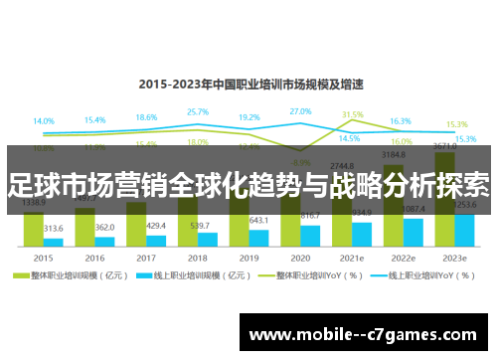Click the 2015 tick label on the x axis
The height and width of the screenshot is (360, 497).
pyautogui.click(x=44, y=257)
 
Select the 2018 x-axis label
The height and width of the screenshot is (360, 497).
pyautogui.click(x=198, y=257)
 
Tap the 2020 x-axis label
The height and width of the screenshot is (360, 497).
pyautogui.click(x=300, y=257)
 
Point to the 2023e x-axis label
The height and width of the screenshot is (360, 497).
pyautogui.click(x=456, y=257)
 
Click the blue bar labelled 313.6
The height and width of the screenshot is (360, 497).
pyautogui.click(x=54, y=242)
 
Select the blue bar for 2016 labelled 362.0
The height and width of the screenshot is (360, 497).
pyautogui.click(x=105, y=242)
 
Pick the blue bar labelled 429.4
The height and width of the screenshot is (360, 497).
pyautogui.click(x=156, y=241)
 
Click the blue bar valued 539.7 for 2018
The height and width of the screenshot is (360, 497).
pyautogui.click(x=208, y=239)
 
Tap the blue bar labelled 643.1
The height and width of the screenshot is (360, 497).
pyautogui.click(x=259, y=237)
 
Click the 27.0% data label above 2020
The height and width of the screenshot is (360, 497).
pyautogui.click(x=300, y=111)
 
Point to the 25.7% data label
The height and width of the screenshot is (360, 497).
pyautogui.click(x=197, y=112)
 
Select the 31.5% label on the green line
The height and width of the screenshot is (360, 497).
pyautogui.click(x=352, y=115)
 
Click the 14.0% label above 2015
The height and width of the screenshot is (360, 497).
pyautogui.click(x=44, y=121)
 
